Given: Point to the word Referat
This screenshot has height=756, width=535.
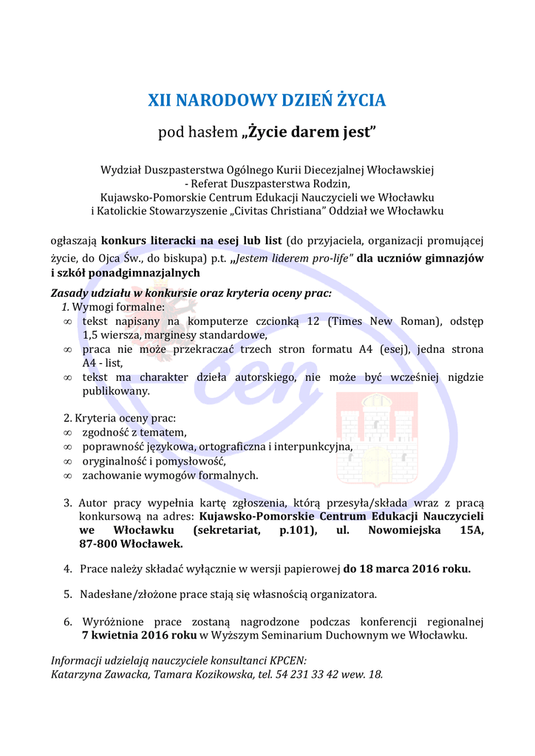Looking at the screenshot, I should [x=214, y=184].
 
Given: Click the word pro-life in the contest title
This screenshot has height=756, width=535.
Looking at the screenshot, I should [x=333, y=258].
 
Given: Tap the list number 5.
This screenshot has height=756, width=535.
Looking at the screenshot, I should [x=67, y=594].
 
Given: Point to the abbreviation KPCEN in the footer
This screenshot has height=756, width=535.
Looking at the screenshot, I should [x=287, y=660].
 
